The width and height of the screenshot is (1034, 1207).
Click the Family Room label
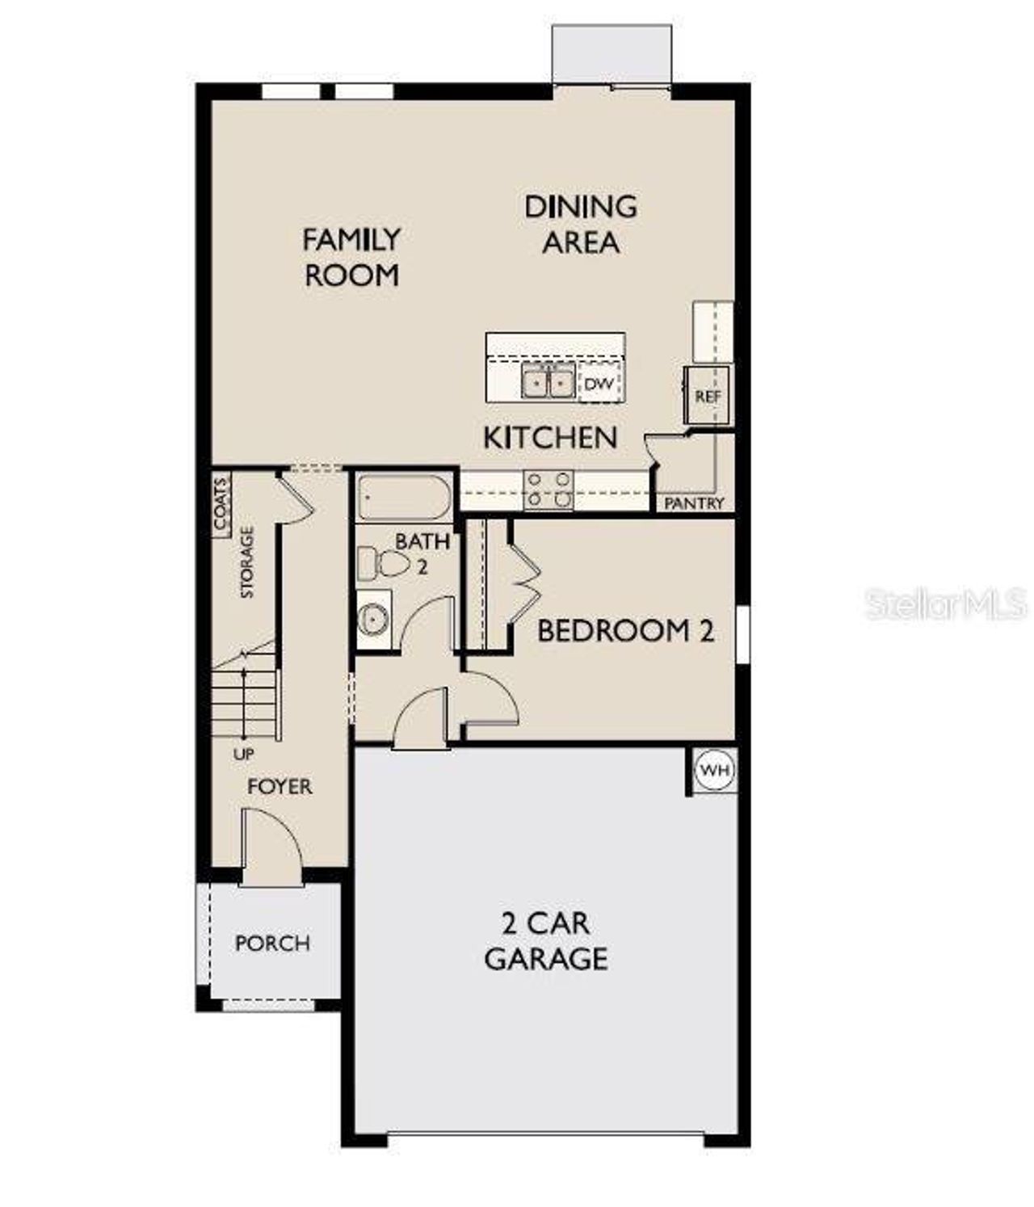(x=351, y=257)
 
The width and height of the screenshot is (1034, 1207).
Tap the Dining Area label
(x=581, y=224)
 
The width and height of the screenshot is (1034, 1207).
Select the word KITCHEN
(x=550, y=438)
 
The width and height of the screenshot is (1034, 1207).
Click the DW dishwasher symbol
(x=599, y=384)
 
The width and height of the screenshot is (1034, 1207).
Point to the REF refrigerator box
(x=708, y=396)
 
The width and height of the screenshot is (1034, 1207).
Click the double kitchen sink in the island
(x=548, y=381)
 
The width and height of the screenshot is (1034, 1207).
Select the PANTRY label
(x=694, y=503)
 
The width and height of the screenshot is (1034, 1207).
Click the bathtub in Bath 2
(x=404, y=498)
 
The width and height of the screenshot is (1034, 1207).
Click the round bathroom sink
(x=373, y=620)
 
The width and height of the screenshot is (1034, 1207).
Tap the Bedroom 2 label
(x=625, y=630)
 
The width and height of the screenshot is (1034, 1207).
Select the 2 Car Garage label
(x=546, y=941)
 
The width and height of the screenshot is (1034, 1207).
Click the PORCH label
(x=272, y=943)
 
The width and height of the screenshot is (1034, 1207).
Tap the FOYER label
(x=280, y=786)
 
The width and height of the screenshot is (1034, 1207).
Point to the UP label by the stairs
(x=243, y=755)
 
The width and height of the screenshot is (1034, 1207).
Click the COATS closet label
(x=221, y=504)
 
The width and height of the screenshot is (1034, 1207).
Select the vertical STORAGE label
(x=247, y=562)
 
